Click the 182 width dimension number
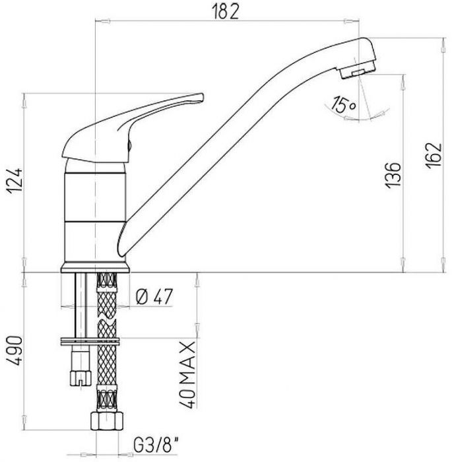(x=226, y=11)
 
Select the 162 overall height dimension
(x=434, y=155)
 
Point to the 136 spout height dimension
(x=393, y=174)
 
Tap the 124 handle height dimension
(x=15, y=181)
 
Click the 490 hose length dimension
(x=15, y=351)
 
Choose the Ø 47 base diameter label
(x=154, y=296)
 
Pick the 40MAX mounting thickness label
(x=187, y=375)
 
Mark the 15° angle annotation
(x=344, y=104)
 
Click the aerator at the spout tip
(x=358, y=70)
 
